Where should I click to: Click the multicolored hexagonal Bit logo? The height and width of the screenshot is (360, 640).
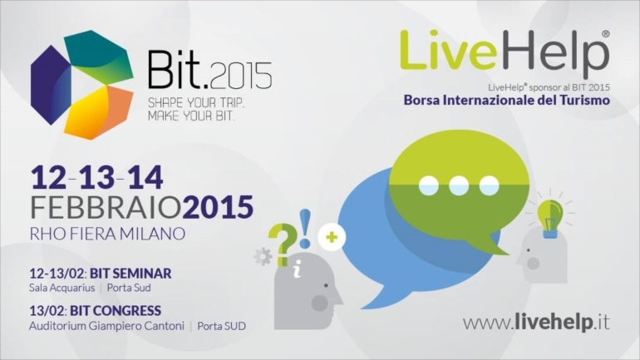click(x=82, y=85)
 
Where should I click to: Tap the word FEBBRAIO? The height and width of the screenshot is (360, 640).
click(x=106, y=207)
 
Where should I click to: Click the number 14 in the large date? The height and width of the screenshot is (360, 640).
click(x=145, y=178)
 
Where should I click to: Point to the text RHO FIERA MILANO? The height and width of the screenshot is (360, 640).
click(x=108, y=234)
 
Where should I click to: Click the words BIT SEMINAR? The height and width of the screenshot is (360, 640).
click(x=130, y=273)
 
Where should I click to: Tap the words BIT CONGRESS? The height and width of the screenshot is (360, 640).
click(x=116, y=311)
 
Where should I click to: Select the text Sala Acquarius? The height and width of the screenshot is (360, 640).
click(x=62, y=288)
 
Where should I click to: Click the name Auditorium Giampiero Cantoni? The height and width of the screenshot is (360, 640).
click(x=106, y=327)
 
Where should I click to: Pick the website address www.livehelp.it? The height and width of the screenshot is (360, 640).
click(x=536, y=323)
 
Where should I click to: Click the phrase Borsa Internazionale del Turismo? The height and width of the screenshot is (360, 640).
click(x=506, y=100)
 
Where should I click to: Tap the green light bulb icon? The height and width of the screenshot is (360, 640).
click(x=549, y=219)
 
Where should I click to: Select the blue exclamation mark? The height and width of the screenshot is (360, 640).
click(x=305, y=229)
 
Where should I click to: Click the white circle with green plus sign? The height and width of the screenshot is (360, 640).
click(x=332, y=237)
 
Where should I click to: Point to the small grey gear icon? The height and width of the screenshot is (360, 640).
click(x=263, y=257)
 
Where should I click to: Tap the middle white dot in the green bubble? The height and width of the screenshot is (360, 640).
click(x=459, y=185)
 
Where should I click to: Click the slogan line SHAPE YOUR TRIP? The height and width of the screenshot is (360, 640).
click(x=196, y=102)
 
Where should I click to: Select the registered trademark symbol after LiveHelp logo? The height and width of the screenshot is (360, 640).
click(x=606, y=34)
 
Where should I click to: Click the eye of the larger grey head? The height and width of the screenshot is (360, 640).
click(x=325, y=285)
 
